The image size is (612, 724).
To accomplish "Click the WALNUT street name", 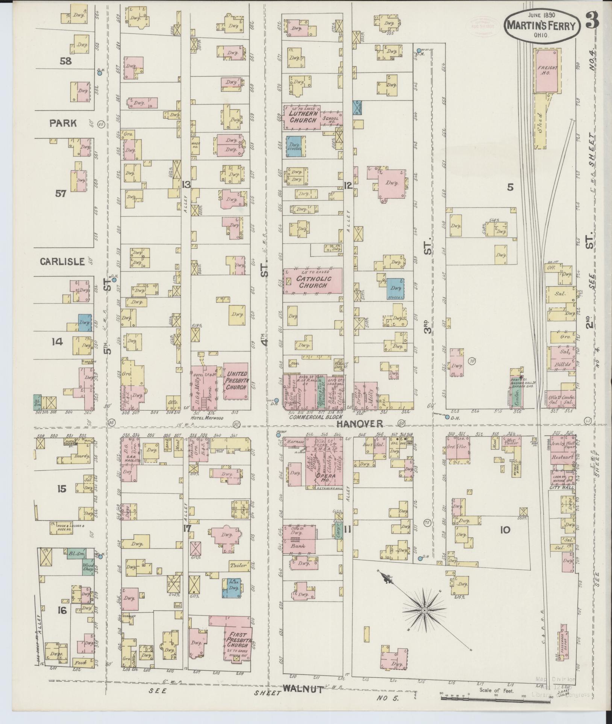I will [x=303, y=689].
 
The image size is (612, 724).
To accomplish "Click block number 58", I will [x=65, y=61].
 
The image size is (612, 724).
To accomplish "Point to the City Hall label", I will [x=562, y=487].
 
